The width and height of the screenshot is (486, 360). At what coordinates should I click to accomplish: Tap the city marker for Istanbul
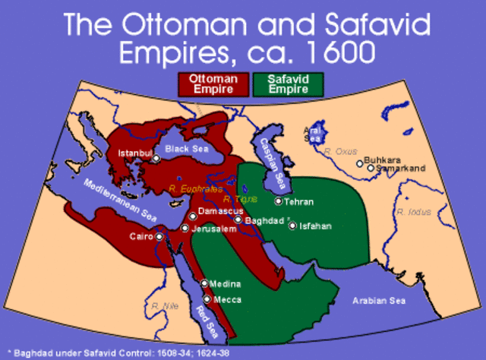click(156, 159)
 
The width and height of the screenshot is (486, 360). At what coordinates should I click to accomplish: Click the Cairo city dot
click(159, 236)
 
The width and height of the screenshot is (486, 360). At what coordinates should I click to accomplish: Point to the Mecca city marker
click(207, 299)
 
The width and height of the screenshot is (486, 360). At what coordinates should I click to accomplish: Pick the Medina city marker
click(204, 283)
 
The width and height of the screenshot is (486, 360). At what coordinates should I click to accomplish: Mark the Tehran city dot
click(279, 201)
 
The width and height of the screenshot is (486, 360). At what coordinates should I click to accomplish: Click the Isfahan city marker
click(292, 226)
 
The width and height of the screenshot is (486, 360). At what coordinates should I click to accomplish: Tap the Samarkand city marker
click(371, 168)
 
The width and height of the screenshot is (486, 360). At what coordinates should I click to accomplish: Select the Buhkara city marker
click(359, 162)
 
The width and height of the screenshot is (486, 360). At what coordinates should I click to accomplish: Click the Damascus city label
click(220, 210)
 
